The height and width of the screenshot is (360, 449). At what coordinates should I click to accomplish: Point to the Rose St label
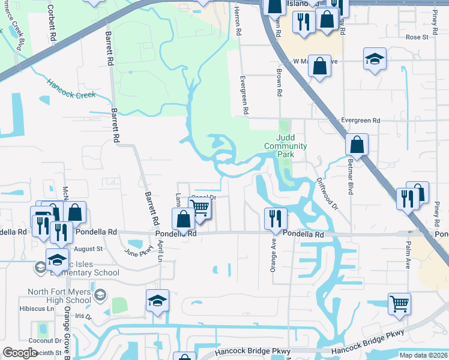pos(416,37)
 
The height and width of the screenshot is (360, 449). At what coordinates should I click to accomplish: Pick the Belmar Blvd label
pos(349,178)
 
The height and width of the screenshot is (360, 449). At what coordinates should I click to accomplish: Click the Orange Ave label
pos(274,254)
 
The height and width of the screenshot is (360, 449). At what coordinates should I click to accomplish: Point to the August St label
pos(88,248)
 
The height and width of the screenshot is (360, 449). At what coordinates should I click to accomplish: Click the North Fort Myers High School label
pos(59,296)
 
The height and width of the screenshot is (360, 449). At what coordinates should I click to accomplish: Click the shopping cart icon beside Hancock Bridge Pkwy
pos(399,304)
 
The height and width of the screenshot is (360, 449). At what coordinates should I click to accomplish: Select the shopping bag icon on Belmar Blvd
pos(357,145)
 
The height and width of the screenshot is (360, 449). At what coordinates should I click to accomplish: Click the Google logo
pos(20,353)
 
